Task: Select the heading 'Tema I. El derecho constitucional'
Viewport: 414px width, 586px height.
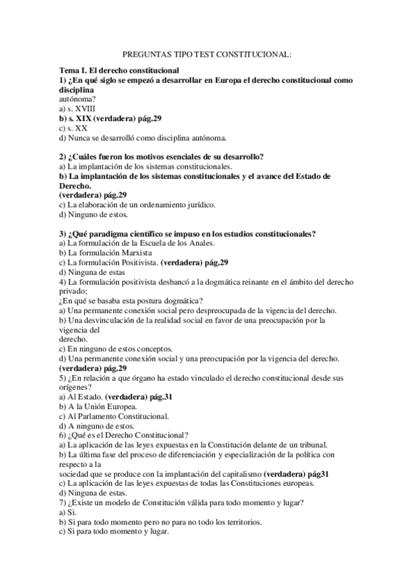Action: click(x=120, y=71)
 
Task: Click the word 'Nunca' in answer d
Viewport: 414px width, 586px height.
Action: click(x=82, y=138)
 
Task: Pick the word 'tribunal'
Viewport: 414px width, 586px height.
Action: click(x=311, y=445)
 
